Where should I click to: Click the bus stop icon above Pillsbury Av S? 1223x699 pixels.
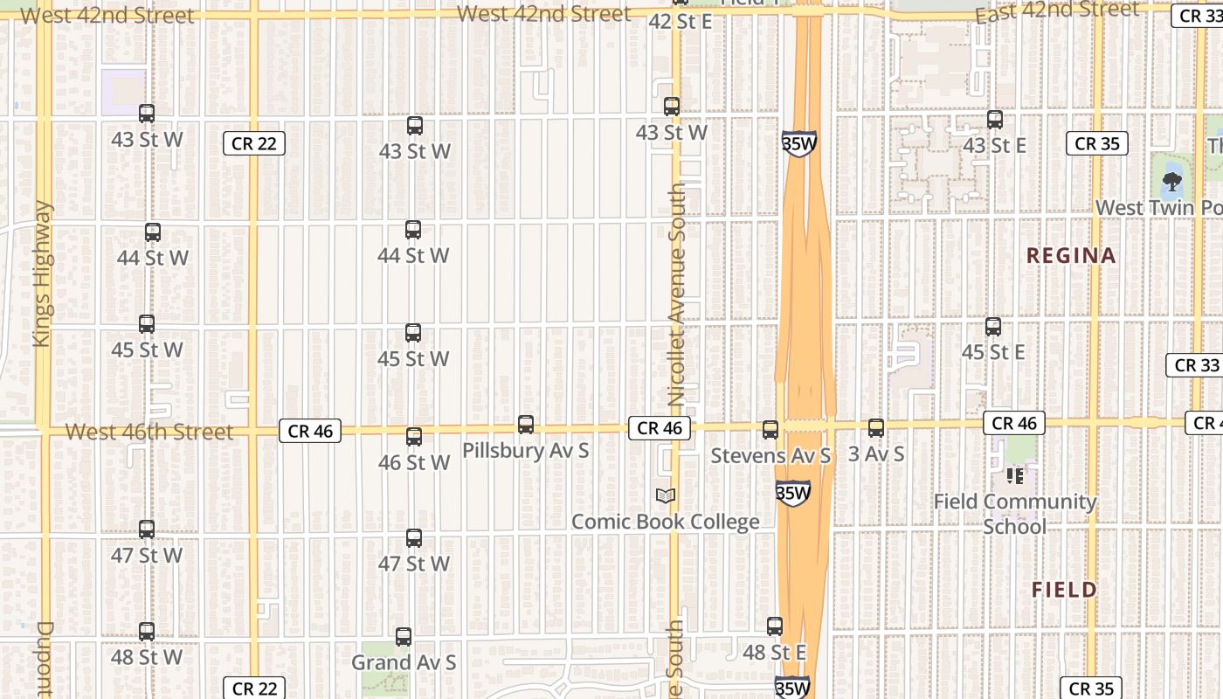526,425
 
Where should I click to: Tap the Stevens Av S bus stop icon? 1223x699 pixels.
770,430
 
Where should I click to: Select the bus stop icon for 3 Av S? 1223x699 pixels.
876,428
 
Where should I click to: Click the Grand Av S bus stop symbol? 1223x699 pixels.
404,637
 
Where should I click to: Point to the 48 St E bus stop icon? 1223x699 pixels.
775,626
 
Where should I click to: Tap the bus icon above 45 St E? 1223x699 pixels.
993,327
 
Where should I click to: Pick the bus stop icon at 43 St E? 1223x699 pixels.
995,120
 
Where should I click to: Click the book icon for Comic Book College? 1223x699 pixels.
666,496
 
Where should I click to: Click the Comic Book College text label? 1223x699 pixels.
665,523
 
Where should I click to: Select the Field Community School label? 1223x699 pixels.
1015,514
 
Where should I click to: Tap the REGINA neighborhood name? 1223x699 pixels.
1071,256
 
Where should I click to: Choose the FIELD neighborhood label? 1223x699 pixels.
1064,590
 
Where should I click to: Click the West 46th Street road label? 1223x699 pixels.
149,432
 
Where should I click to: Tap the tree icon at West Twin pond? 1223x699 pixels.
1172,183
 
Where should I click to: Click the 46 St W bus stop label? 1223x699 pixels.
414,462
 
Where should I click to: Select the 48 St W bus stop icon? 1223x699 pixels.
147,631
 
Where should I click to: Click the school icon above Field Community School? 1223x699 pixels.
1014,476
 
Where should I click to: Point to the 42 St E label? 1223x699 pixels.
681,22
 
